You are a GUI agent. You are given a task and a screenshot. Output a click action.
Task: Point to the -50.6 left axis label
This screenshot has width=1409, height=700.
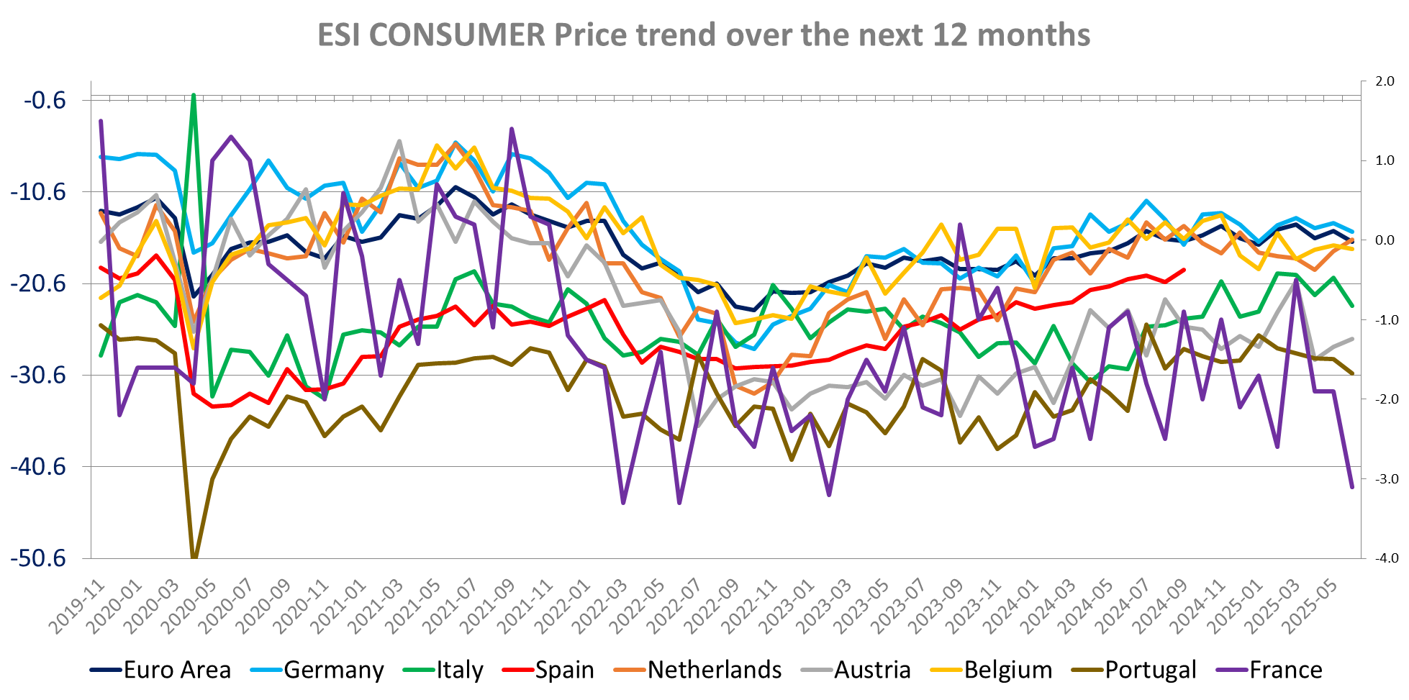coord(38,559)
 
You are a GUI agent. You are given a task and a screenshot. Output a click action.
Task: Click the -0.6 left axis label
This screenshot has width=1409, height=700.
coord(45,100)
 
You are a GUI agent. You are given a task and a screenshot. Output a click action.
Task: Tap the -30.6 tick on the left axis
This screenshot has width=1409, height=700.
coord(38,376)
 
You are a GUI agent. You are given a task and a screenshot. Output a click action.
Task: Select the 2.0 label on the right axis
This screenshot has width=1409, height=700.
coord(1385,81)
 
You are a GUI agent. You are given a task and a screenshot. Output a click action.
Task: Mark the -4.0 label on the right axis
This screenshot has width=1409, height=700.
coord(1383,558)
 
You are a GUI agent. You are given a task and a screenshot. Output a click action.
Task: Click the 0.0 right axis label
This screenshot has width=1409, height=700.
coord(1385,240)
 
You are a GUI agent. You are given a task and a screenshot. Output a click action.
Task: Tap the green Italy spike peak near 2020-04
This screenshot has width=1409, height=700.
coord(194,95)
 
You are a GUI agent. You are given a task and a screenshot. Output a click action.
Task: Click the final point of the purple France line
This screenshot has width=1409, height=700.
coord(1352,487)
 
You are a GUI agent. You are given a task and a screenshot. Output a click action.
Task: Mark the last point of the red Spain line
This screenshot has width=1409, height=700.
coord(1184,271)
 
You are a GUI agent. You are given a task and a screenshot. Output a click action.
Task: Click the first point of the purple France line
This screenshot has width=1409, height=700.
coord(101,121)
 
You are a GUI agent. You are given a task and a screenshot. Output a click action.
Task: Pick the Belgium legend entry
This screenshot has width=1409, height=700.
coord(1007,670)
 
